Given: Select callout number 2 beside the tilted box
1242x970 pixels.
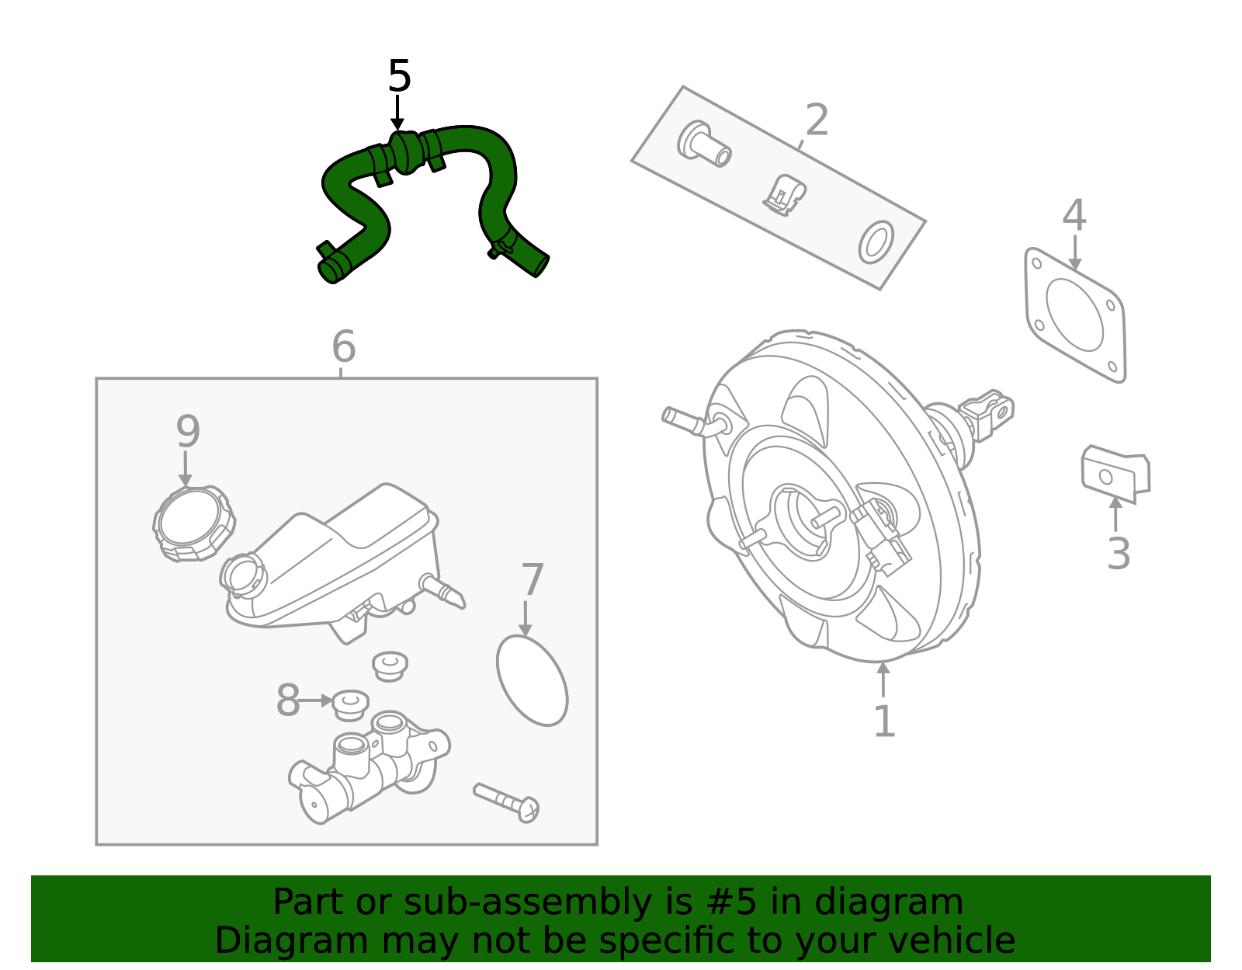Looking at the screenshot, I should click(817, 120).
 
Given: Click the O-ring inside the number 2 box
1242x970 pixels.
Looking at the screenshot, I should click(876, 242).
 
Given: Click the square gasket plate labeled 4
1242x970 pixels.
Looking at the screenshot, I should click(1076, 315).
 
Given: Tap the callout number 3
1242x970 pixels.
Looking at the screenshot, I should click(1119, 554).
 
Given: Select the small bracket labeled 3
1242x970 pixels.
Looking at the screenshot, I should click(1115, 471).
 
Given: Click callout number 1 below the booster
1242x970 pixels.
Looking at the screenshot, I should click(884, 721).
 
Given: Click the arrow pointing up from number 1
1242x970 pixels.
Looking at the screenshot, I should click(883, 680).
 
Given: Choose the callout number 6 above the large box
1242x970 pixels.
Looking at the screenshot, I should click(343, 346).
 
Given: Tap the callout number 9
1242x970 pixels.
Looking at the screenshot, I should click(188, 431).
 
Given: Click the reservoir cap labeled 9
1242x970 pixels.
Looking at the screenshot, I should click(193, 523).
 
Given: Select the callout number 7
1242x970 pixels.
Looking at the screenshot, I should click(533, 580).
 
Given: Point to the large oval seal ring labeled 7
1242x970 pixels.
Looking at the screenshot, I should click(533, 681).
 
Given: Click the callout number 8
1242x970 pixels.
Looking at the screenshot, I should click(288, 701).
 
